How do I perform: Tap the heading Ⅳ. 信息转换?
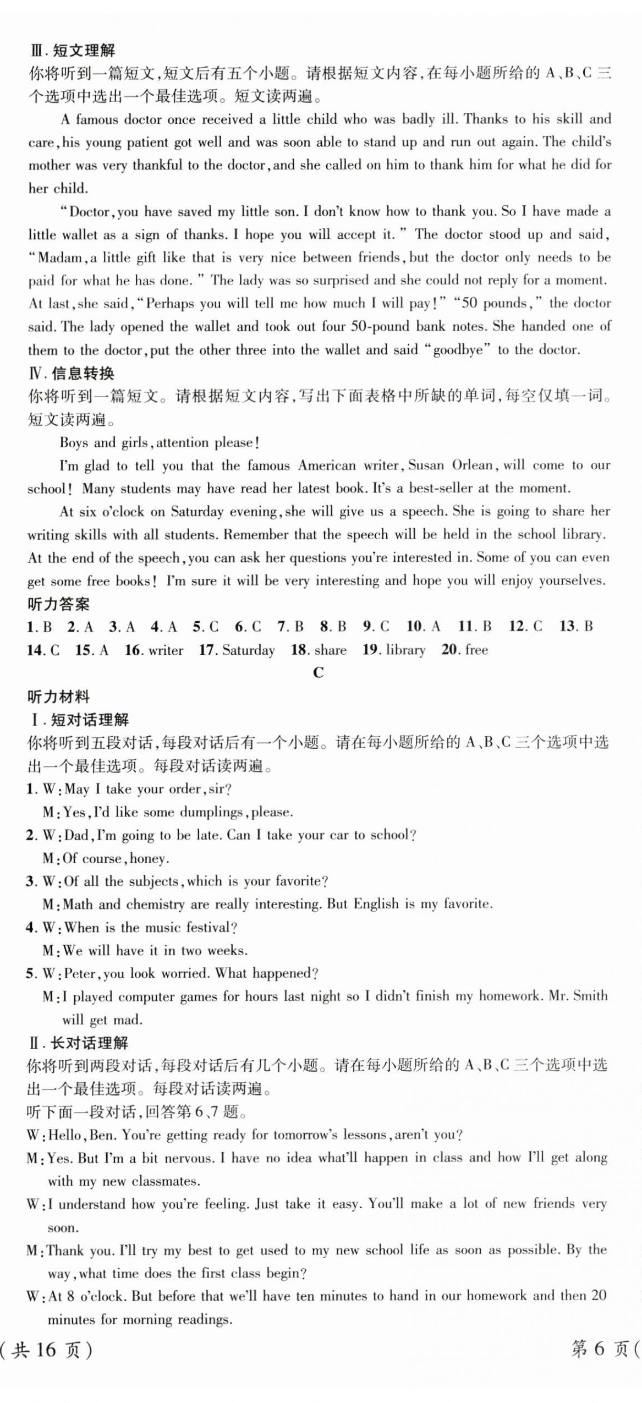pyautogui.click(x=71, y=374)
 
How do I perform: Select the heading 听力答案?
pyautogui.click(x=58, y=604)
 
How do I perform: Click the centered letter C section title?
pyautogui.click(x=318, y=672)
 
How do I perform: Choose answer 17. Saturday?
pyautogui.click(x=237, y=650)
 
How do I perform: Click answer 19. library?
pyautogui.click(x=394, y=650)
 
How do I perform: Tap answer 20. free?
pyautogui.click(x=465, y=650)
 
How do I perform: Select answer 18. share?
pyautogui.click(x=319, y=650)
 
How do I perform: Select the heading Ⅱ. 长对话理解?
pyautogui.click(x=78, y=1043)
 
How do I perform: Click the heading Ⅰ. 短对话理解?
pyautogui.click(x=78, y=720)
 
